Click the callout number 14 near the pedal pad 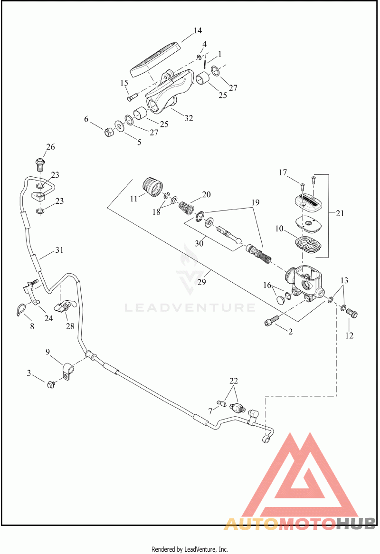tap(198, 31)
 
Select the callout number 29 tap(202, 282)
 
